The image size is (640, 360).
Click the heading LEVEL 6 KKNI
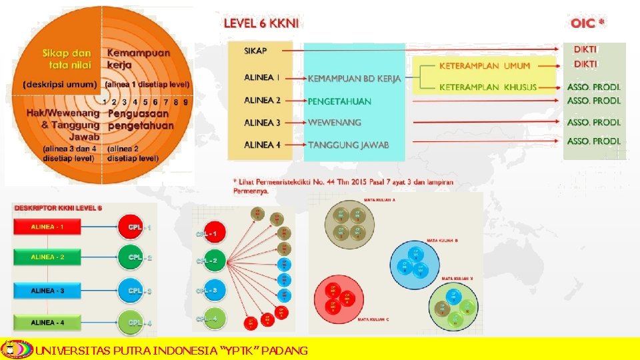261,23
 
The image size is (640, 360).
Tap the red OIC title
587,23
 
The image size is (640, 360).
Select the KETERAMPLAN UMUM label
485,66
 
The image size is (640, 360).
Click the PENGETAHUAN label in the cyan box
339,101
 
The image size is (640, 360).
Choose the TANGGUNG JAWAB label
349,145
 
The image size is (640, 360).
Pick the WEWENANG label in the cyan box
335,123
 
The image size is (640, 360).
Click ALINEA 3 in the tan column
262,123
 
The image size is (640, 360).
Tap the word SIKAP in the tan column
256,51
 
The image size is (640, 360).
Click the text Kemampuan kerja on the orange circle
139,59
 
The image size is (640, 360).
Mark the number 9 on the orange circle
185,102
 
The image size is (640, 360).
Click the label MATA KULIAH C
373,320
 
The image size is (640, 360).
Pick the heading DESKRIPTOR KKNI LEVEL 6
59,208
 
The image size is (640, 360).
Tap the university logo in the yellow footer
15,349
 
